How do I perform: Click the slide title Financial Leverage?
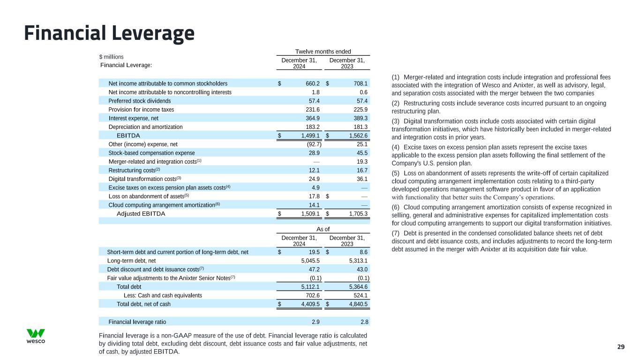[109, 33]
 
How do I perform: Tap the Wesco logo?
[36, 336]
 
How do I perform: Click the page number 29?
[621, 347]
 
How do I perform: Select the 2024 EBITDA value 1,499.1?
[310, 136]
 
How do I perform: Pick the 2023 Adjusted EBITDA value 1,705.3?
[358, 214]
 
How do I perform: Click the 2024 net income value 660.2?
[313, 83]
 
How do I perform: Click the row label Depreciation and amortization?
[145, 127]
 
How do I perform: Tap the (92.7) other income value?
[311, 144]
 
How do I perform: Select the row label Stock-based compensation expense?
[151, 153]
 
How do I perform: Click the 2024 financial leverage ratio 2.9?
[316, 322]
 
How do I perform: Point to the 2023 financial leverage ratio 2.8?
[364, 322]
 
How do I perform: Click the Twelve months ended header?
[323, 52]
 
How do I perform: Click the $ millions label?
[111, 57]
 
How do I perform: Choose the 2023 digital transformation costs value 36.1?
[361, 179]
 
